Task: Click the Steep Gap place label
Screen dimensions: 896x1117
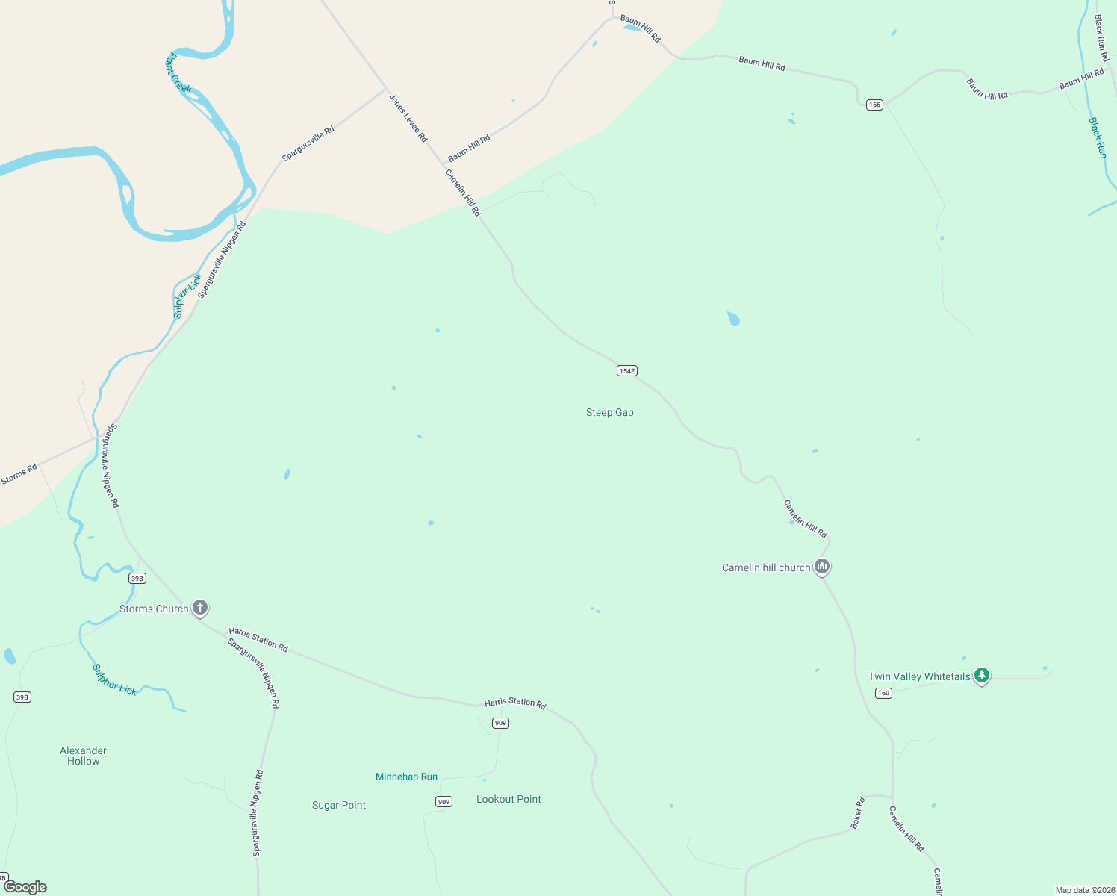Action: point(609,412)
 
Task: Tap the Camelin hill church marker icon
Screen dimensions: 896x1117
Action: point(822,567)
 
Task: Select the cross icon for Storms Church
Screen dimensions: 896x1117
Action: point(200,607)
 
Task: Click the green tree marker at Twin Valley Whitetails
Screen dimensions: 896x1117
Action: point(982,675)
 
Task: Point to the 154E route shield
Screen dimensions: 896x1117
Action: point(626,371)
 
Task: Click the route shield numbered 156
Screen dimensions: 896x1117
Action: point(874,105)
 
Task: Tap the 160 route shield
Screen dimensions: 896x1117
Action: point(883,693)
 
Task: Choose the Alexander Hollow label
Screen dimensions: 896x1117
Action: point(83,756)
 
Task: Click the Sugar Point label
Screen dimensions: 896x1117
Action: point(339,805)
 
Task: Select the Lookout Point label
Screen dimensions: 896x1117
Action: point(508,799)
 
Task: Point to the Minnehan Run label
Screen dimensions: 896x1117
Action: point(406,777)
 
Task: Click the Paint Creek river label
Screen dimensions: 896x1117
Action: point(178,73)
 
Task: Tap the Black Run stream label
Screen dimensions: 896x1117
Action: point(1097,137)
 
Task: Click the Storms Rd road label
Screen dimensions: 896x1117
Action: point(19,474)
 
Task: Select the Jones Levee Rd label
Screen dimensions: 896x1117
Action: point(408,118)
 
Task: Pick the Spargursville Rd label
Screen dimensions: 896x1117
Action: point(308,143)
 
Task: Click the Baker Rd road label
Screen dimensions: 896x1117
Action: point(857,812)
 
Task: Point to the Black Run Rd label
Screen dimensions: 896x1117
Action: point(1101,37)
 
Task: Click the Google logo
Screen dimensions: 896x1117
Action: point(25,887)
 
